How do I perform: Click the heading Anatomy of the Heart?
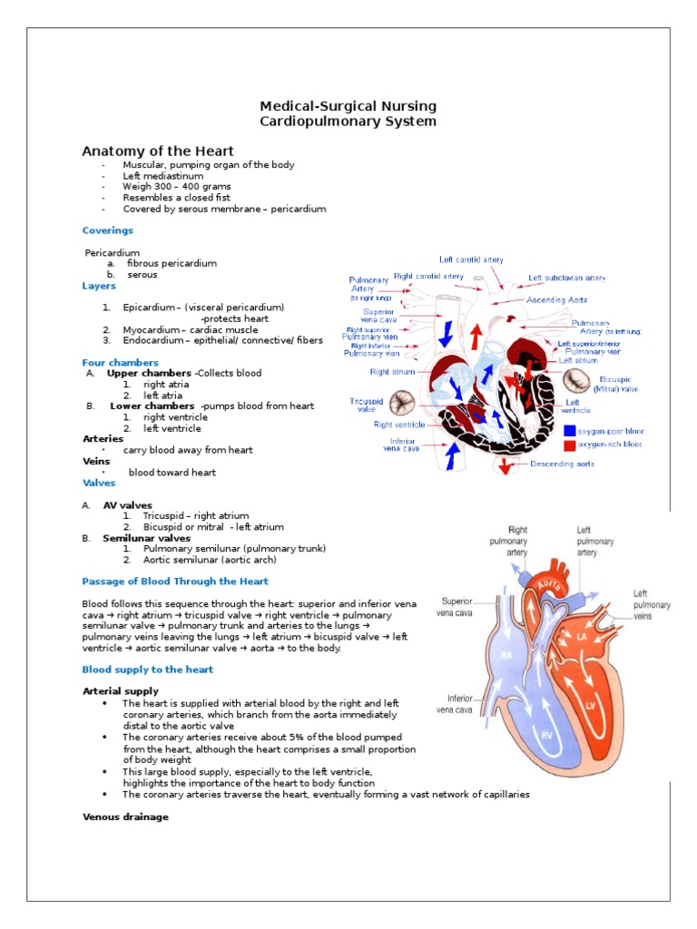(158, 152)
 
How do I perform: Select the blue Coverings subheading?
(107, 230)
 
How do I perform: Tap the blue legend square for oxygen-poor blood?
(569, 431)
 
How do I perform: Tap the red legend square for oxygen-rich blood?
(569, 445)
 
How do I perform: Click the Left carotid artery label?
(471, 259)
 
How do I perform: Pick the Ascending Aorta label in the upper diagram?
(557, 299)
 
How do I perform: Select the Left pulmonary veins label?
(652, 605)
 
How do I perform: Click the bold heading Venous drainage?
(125, 817)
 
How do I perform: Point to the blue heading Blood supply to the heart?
(148, 670)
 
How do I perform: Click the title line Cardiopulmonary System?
(348, 122)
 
